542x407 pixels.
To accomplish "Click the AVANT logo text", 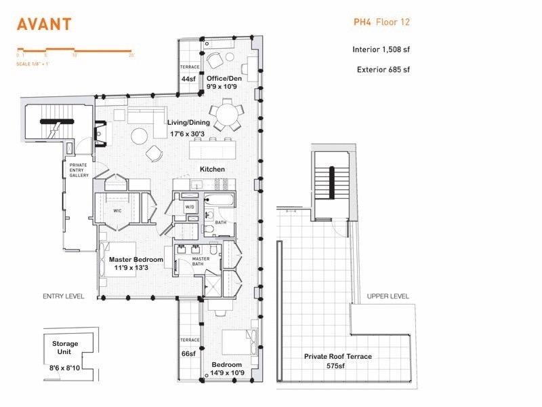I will [44, 24].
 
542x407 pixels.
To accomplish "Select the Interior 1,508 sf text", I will [381, 50].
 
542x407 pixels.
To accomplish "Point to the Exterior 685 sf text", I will [383, 69].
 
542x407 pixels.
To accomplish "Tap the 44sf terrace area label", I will [189, 79].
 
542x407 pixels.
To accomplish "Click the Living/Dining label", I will [188, 123].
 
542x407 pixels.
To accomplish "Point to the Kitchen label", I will [212, 169].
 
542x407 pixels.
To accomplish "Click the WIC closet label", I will [117, 210].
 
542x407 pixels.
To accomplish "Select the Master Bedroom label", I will [135, 259].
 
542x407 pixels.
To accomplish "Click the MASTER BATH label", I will [200, 262].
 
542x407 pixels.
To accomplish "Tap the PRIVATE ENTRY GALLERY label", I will [79, 170].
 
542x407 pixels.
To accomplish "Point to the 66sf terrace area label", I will [189, 353].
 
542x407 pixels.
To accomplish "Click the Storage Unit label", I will [65, 348].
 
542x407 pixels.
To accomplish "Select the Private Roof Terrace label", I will [337, 356].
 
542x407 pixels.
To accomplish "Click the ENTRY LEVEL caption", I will [62, 296].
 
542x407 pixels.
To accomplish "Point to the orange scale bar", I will [75, 50].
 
